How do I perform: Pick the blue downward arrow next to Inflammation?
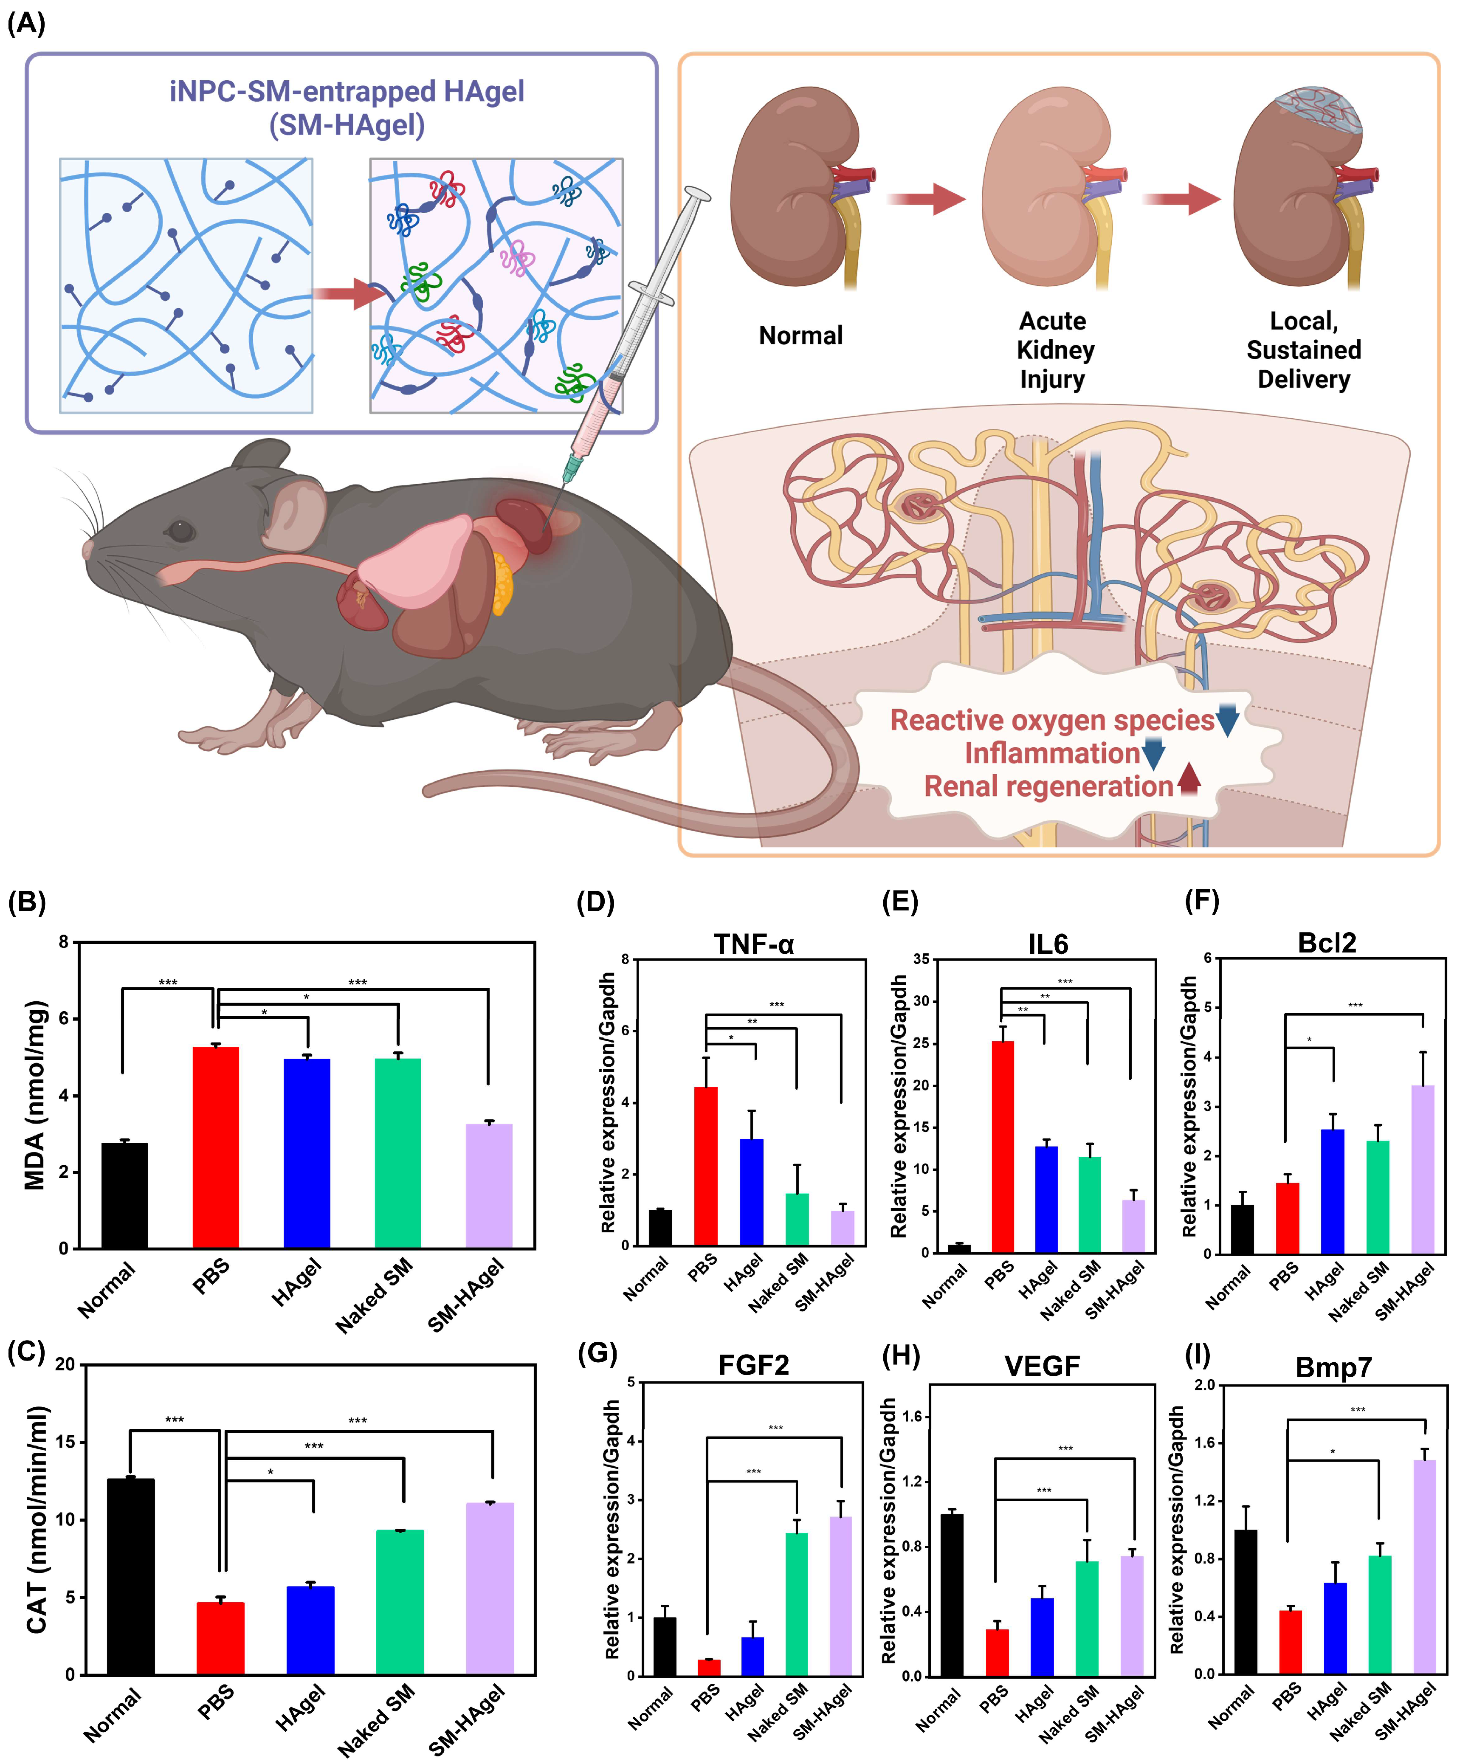1153,753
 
